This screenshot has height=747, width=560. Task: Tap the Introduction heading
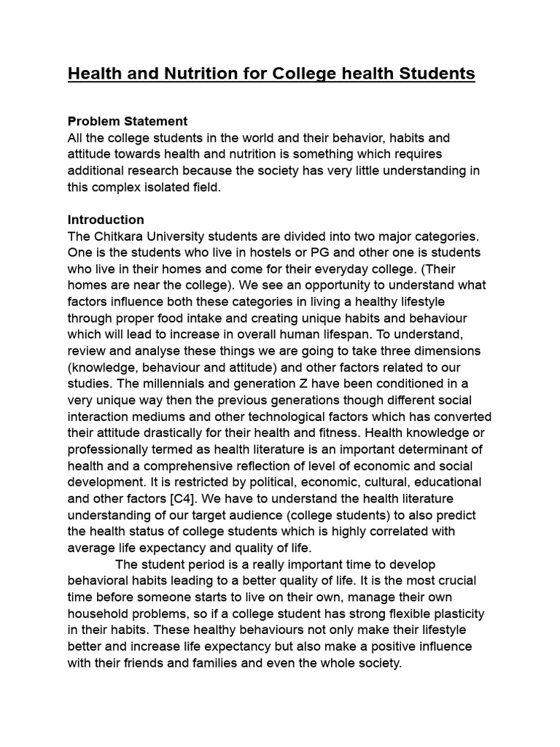coord(106,220)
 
